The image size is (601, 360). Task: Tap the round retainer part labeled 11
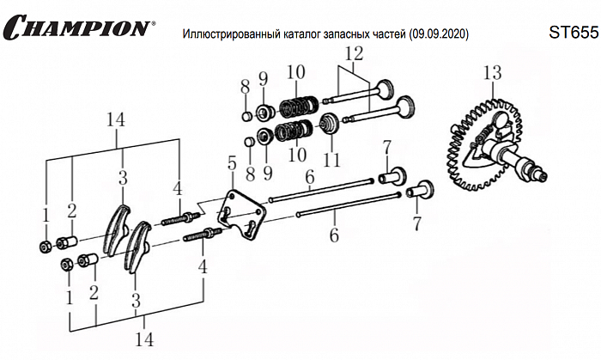point(328,127)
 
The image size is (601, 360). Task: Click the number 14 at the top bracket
point(116,121)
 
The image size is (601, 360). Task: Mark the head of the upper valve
point(385,89)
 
